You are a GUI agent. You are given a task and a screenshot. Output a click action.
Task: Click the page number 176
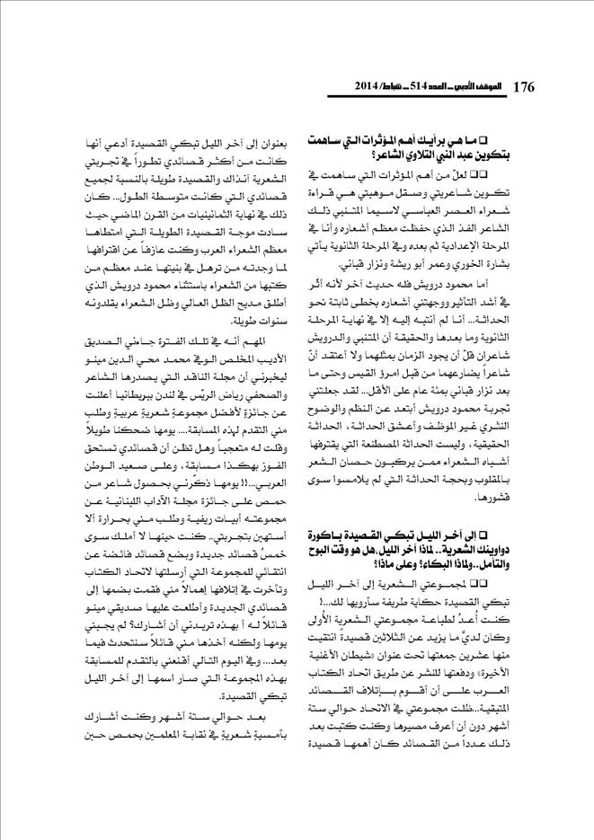point(522,87)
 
